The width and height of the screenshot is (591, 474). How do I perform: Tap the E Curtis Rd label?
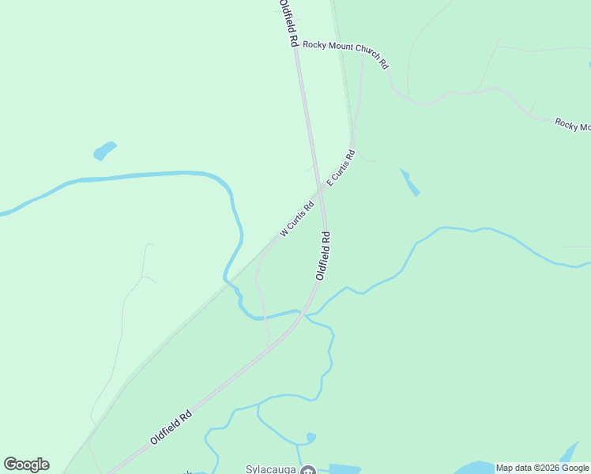(x=341, y=167)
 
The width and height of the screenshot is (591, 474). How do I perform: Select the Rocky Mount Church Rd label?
(x=346, y=54)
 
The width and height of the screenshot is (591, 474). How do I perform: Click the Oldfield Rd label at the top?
(x=289, y=23)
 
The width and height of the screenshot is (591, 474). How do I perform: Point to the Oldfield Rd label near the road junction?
(x=323, y=255)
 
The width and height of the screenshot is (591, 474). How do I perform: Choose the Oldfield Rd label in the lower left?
(x=171, y=427)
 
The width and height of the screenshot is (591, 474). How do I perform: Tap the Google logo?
(x=26, y=465)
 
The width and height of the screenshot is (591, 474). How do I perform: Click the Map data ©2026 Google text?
(x=542, y=468)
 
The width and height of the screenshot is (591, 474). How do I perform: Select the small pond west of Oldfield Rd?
(x=104, y=150)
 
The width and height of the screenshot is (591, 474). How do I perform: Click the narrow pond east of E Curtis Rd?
(x=410, y=182)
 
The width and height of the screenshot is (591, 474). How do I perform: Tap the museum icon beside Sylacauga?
(x=308, y=471)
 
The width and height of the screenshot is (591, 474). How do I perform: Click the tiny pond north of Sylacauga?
(x=311, y=437)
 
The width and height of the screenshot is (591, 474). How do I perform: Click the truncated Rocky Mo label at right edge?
(x=572, y=125)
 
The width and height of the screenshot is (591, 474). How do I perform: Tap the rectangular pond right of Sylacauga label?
(x=344, y=468)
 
